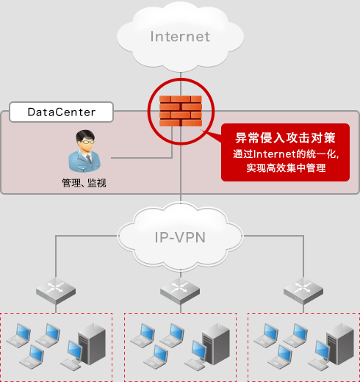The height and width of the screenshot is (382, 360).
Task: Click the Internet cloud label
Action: pyautogui.click(x=180, y=36)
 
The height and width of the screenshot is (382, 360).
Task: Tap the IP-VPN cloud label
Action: pyautogui.click(x=180, y=237)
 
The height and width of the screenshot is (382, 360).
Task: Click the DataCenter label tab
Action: pyautogui.click(x=62, y=112)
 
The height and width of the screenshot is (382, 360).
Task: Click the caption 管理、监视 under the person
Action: pyautogui.click(x=84, y=182)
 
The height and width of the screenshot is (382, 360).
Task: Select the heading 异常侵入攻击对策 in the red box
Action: pyautogui.click(x=284, y=137)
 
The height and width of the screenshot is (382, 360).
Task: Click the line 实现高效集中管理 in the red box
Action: pyautogui.click(x=286, y=168)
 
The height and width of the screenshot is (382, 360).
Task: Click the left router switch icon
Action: pyautogui.click(x=57, y=289)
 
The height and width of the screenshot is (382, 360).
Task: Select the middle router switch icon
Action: pyautogui.click(x=180, y=289)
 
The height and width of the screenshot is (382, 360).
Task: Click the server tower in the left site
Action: pyautogui.click(x=91, y=343)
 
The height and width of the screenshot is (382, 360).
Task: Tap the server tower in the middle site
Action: pyautogui.click(x=215, y=343)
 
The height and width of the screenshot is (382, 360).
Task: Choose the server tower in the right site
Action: pyautogui.click(x=338, y=343)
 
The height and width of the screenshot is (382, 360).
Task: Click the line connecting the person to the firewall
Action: pyautogui.click(x=140, y=157)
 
